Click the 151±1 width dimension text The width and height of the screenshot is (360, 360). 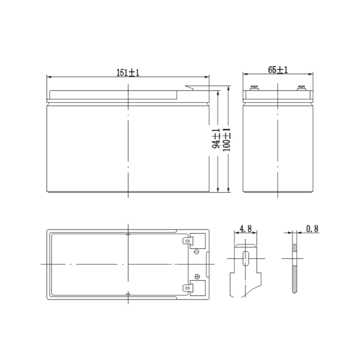coord(128,72)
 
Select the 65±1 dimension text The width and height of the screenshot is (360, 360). coord(278,70)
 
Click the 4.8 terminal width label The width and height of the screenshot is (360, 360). coord(245,229)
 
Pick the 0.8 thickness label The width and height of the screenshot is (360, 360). coord(312,229)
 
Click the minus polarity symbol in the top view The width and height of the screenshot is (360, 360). coord(197,251)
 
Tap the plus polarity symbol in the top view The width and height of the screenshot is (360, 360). coord(197,276)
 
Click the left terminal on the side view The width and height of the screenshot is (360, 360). coord(254,87)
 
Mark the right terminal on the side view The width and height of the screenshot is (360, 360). coord(301,87)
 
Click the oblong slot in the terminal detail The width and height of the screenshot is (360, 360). coord(246,258)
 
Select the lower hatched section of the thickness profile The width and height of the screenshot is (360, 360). coord(294,279)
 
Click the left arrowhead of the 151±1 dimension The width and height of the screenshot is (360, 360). coord(49,77)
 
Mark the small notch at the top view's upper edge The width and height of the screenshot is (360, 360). coord(128,234)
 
